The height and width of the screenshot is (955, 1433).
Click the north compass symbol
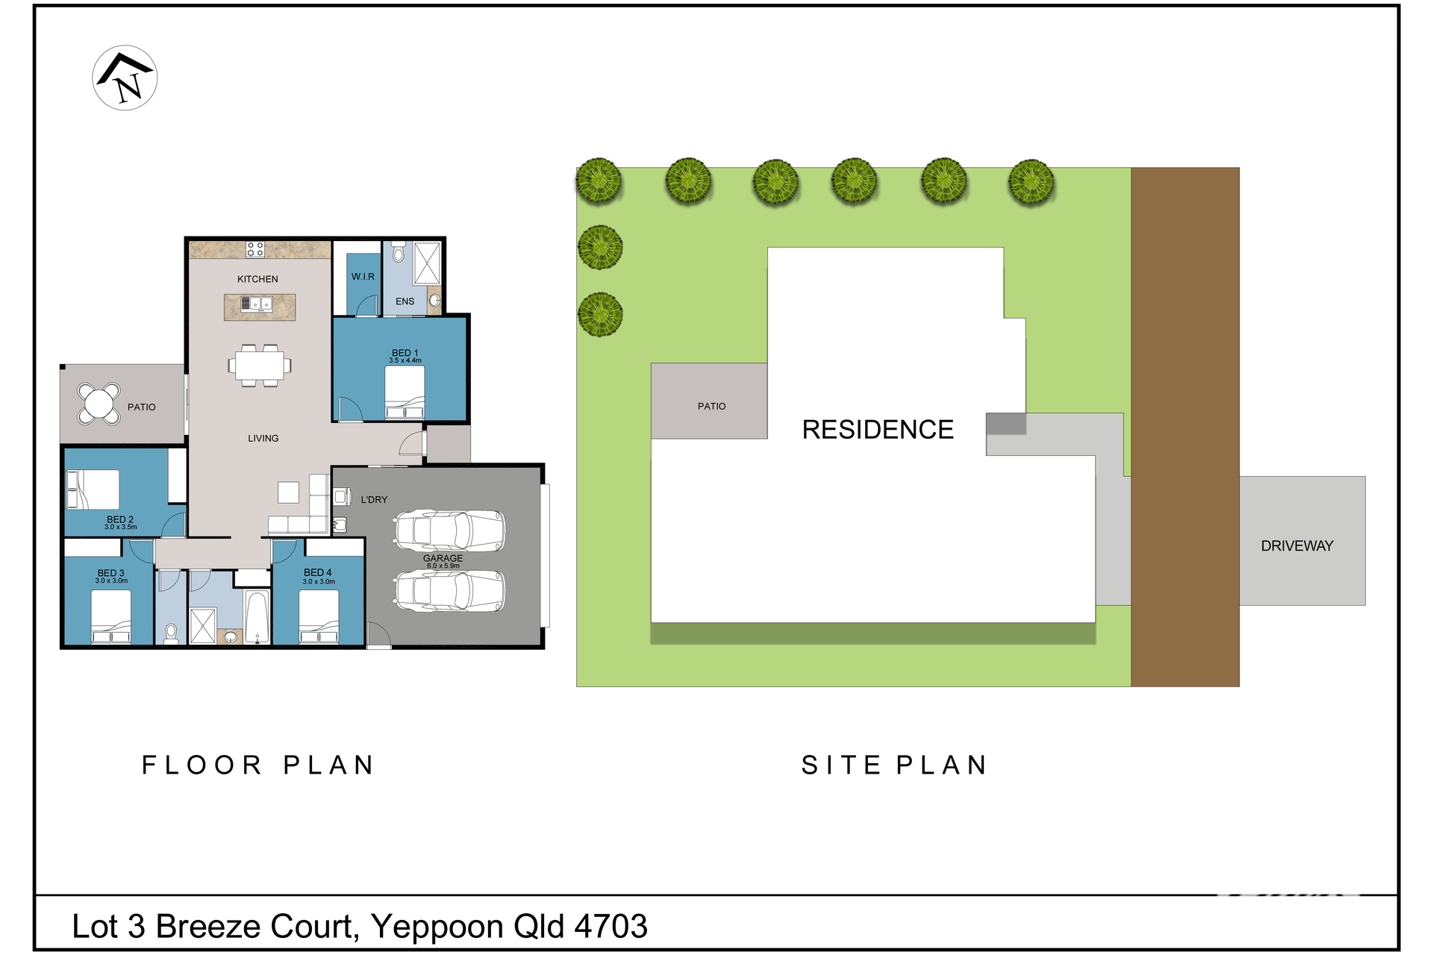tap(125, 78)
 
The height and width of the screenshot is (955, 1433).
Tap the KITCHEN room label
tap(257, 279)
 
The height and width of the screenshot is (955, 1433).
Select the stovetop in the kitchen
tap(255, 249)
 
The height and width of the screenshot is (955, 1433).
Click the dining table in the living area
tap(260, 366)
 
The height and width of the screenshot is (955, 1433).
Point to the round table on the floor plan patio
tap(99, 404)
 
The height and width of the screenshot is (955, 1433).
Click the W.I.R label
tap(363, 277)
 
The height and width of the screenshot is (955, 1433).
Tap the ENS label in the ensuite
tap(405, 301)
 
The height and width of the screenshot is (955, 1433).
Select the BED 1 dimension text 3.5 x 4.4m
tap(405, 361)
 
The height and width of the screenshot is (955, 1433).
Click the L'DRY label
tap(374, 500)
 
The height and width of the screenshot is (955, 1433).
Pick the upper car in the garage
tap(450, 530)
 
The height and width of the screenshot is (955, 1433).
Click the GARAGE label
tap(443, 558)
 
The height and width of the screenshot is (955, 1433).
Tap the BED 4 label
tap(318, 572)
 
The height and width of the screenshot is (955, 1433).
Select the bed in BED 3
tap(111, 616)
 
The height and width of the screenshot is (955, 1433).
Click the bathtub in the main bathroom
tap(257, 617)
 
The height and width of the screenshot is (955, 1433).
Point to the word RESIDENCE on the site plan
tap(878, 430)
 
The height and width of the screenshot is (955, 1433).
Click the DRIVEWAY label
tap(1297, 546)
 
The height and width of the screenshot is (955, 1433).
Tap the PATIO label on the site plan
tap(711, 407)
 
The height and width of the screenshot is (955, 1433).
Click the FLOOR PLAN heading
tap(258, 765)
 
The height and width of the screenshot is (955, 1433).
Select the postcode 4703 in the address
tap(611, 927)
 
